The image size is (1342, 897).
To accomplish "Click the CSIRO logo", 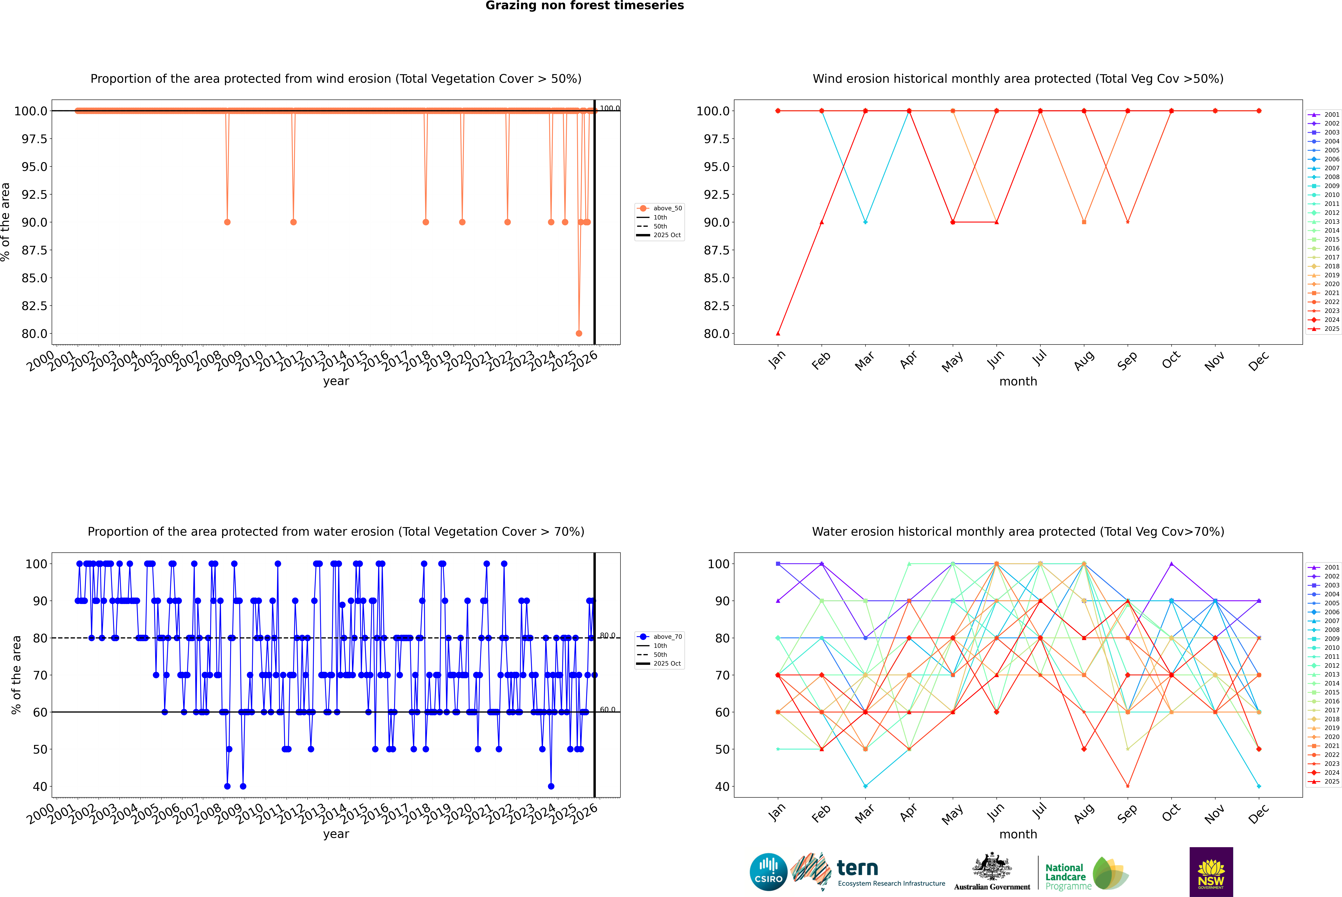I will [x=768, y=872].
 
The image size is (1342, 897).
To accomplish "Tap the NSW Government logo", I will [x=1211, y=872].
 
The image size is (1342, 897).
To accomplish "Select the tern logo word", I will [x=857, y=868].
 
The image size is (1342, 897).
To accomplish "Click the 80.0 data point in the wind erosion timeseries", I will [x=579, y=333].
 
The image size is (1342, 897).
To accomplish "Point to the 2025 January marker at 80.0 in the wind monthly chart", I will [x=778, y=333].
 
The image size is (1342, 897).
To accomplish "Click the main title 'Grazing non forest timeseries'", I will [x=585, y=6].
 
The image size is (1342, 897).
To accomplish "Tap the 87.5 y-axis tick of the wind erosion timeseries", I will [x=34, y=250].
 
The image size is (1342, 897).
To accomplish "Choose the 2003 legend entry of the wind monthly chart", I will [x=1332, y=132].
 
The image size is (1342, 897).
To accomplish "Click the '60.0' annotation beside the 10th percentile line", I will [x=607, y=710].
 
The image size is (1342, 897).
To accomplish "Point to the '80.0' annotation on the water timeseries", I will [x=607, y=636].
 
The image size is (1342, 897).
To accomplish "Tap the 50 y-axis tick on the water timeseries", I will [x=40, y=749].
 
